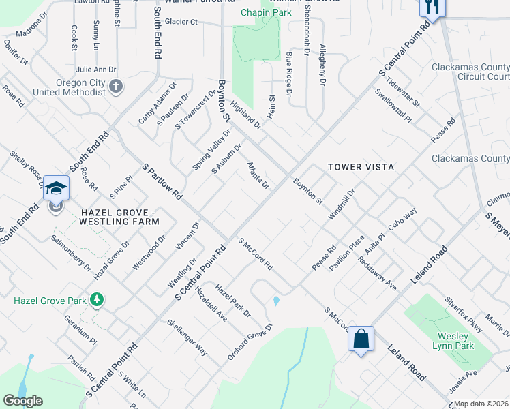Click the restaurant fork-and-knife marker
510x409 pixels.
point(432,6)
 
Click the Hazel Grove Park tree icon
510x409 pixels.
point(97,299)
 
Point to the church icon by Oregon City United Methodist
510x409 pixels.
point(117,87)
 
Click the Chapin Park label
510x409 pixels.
point(267,12)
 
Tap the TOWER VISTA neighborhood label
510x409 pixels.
point(361,166)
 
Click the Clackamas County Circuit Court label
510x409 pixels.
point(470,72)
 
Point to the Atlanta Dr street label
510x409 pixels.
point(258,176)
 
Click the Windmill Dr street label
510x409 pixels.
point(342,204)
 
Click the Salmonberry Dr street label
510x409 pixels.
point(70,253)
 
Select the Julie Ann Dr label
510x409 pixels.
point(95,70)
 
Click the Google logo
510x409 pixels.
point(22,401)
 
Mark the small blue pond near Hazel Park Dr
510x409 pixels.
point(275,301)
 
